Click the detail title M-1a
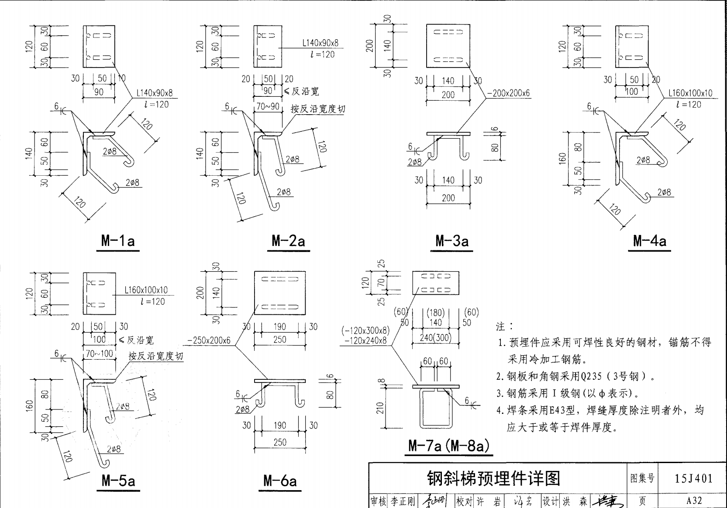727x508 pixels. pos(118,241)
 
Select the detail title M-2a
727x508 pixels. pos(288,241)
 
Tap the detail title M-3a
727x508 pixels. pos(452,241)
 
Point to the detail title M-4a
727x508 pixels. pos(650,241)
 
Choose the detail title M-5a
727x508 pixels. pos(118,481)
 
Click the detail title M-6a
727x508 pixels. pos(280,481)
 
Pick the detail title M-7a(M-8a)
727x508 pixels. pos(448,446)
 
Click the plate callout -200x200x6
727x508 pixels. pos(508,93)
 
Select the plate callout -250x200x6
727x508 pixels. pos(209,340)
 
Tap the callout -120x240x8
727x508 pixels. pos(365,341)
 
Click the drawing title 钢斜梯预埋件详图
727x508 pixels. pos(493,478)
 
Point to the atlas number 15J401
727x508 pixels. pos(694,478)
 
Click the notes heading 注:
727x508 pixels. pos(505,326)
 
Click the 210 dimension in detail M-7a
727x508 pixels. pos(380,408)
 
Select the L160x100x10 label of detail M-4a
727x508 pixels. pos(690,93)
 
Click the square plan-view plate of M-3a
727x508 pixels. pos(448,46)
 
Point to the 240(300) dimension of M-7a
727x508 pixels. pos(435,338)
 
